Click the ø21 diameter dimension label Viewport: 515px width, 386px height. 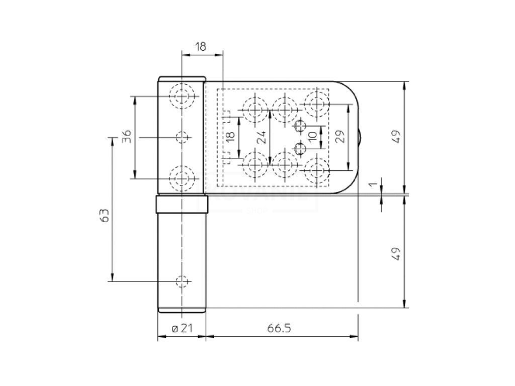tap(182, 328)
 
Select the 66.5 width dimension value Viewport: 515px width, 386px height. tap(279, 328)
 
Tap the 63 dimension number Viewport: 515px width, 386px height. tap(105, 216)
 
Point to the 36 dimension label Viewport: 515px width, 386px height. tap(127, 136)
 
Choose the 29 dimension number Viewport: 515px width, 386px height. tap(340, 137)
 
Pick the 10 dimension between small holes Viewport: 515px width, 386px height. tap(312, 136)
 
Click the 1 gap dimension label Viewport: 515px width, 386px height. tap(373, 184)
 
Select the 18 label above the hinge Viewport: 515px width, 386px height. tap(200, 47)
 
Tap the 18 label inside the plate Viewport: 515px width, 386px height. tap(230, 137)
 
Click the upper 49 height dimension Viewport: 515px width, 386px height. tap(397, 136)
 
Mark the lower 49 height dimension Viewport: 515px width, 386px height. tap(397, 253)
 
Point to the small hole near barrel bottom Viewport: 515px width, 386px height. tap(182, 281)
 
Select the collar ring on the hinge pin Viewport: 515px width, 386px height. tap(182, 205)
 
